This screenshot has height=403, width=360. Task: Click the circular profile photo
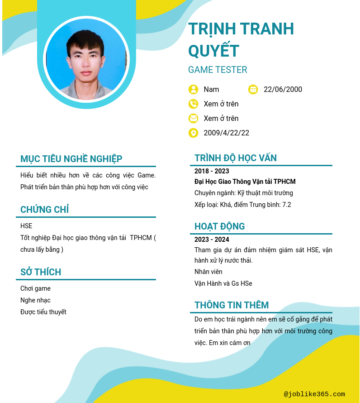pyautogui.click(x=86, y=59)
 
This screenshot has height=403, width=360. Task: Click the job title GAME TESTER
pyautogui.click(x=218, y=70)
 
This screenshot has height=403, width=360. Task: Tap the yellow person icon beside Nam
pyautogui.click(x=193, y=89)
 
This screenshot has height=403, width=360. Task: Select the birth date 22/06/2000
pyautogui.click(x=283, y=89)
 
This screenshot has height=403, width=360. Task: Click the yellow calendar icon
pyautogui.click(x=253, y=89)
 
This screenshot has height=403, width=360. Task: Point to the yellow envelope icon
pyautogui.click(x=193, y=118)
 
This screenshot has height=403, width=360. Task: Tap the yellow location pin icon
pyautogui.click(x=193, y=133)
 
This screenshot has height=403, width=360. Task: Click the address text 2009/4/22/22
pyautogui.click(x=226, y=133)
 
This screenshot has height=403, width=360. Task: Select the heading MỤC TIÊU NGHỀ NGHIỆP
pyautogui.click(x=71, y=159)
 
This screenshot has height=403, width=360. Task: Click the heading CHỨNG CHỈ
pyautogui.click(x=44, y=210)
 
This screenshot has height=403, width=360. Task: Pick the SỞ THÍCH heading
pyautogui.click(x=41, y=272)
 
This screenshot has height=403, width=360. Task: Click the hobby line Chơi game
pyautogui.click(x=35, y=288)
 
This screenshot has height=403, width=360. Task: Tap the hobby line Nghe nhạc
pyautogui.click(x=35, y=300)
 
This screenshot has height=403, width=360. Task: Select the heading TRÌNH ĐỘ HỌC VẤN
pyautogui.click(x=236, y=158)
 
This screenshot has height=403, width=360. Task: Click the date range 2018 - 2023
pyautogui.click(x=212, y=171)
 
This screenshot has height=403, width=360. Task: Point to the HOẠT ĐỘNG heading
pyautogui.click(x=219, y=226)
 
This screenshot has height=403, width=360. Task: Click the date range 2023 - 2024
pyautogui.click(x=212, y=240)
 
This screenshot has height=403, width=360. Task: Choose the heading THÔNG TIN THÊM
pyautogui.click(x=232, y=305)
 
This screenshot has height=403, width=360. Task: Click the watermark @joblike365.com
pyautogui.click(x=314, y=394)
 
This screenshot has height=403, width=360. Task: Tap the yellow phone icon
pyautogui.click(x=193, y=104)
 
